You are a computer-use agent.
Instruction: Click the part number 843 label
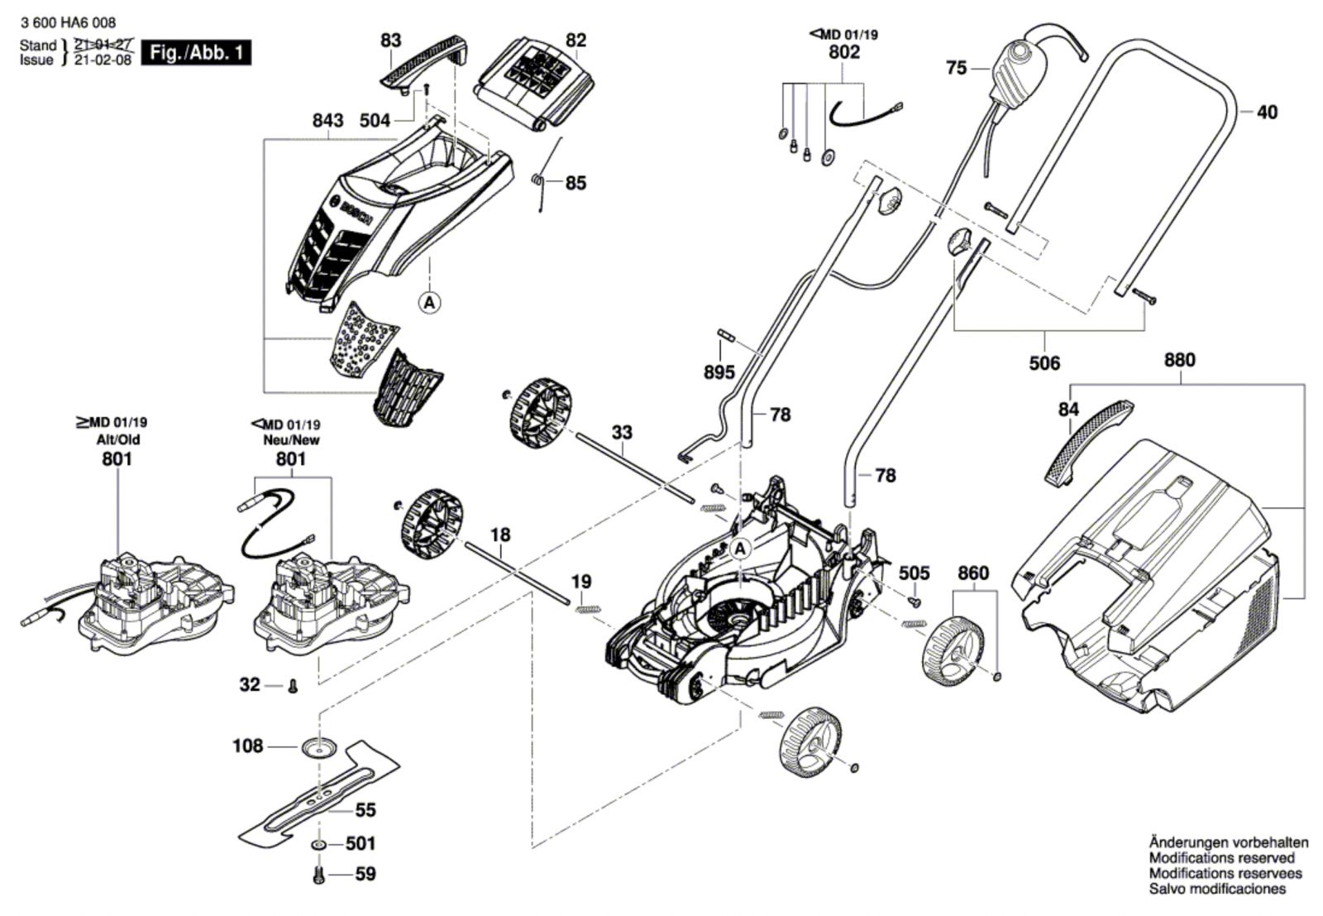(x=327, y=121)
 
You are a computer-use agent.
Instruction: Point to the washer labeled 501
(x=318, y=846)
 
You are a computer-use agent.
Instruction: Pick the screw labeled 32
(x=292, y=686)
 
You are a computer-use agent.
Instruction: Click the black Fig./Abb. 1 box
(x=196, y=53)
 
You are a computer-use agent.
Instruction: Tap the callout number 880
(x=1179, y=360)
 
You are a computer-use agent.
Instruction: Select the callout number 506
(x=1044, y=363)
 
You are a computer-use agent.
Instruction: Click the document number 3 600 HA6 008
(x=69, y=23)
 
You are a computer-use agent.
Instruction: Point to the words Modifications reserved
(x=1221, y=858)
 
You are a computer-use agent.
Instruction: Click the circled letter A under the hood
(x=429, y=303)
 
